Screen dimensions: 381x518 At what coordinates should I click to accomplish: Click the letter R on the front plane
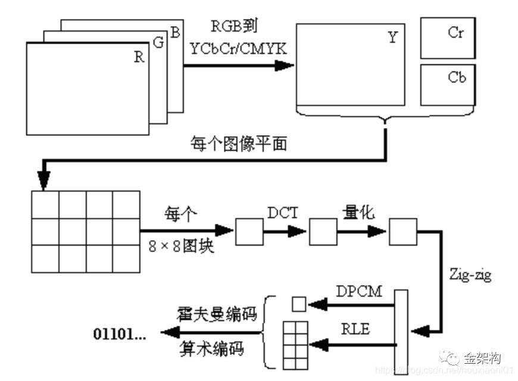(139, 57)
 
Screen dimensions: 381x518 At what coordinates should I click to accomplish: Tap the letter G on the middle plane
(157, 43)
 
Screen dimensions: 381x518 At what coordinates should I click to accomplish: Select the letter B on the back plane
(175, 33)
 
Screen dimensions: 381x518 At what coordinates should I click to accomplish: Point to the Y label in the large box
(392, 38)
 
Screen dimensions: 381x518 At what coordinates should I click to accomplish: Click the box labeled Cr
(448, 38)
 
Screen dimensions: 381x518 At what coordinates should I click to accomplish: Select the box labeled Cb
(448, 85)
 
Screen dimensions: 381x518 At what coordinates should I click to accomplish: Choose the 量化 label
(358, 213)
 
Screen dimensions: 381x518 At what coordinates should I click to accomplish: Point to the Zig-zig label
(470, 276)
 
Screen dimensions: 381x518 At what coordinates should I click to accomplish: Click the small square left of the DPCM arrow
(298, 305)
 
